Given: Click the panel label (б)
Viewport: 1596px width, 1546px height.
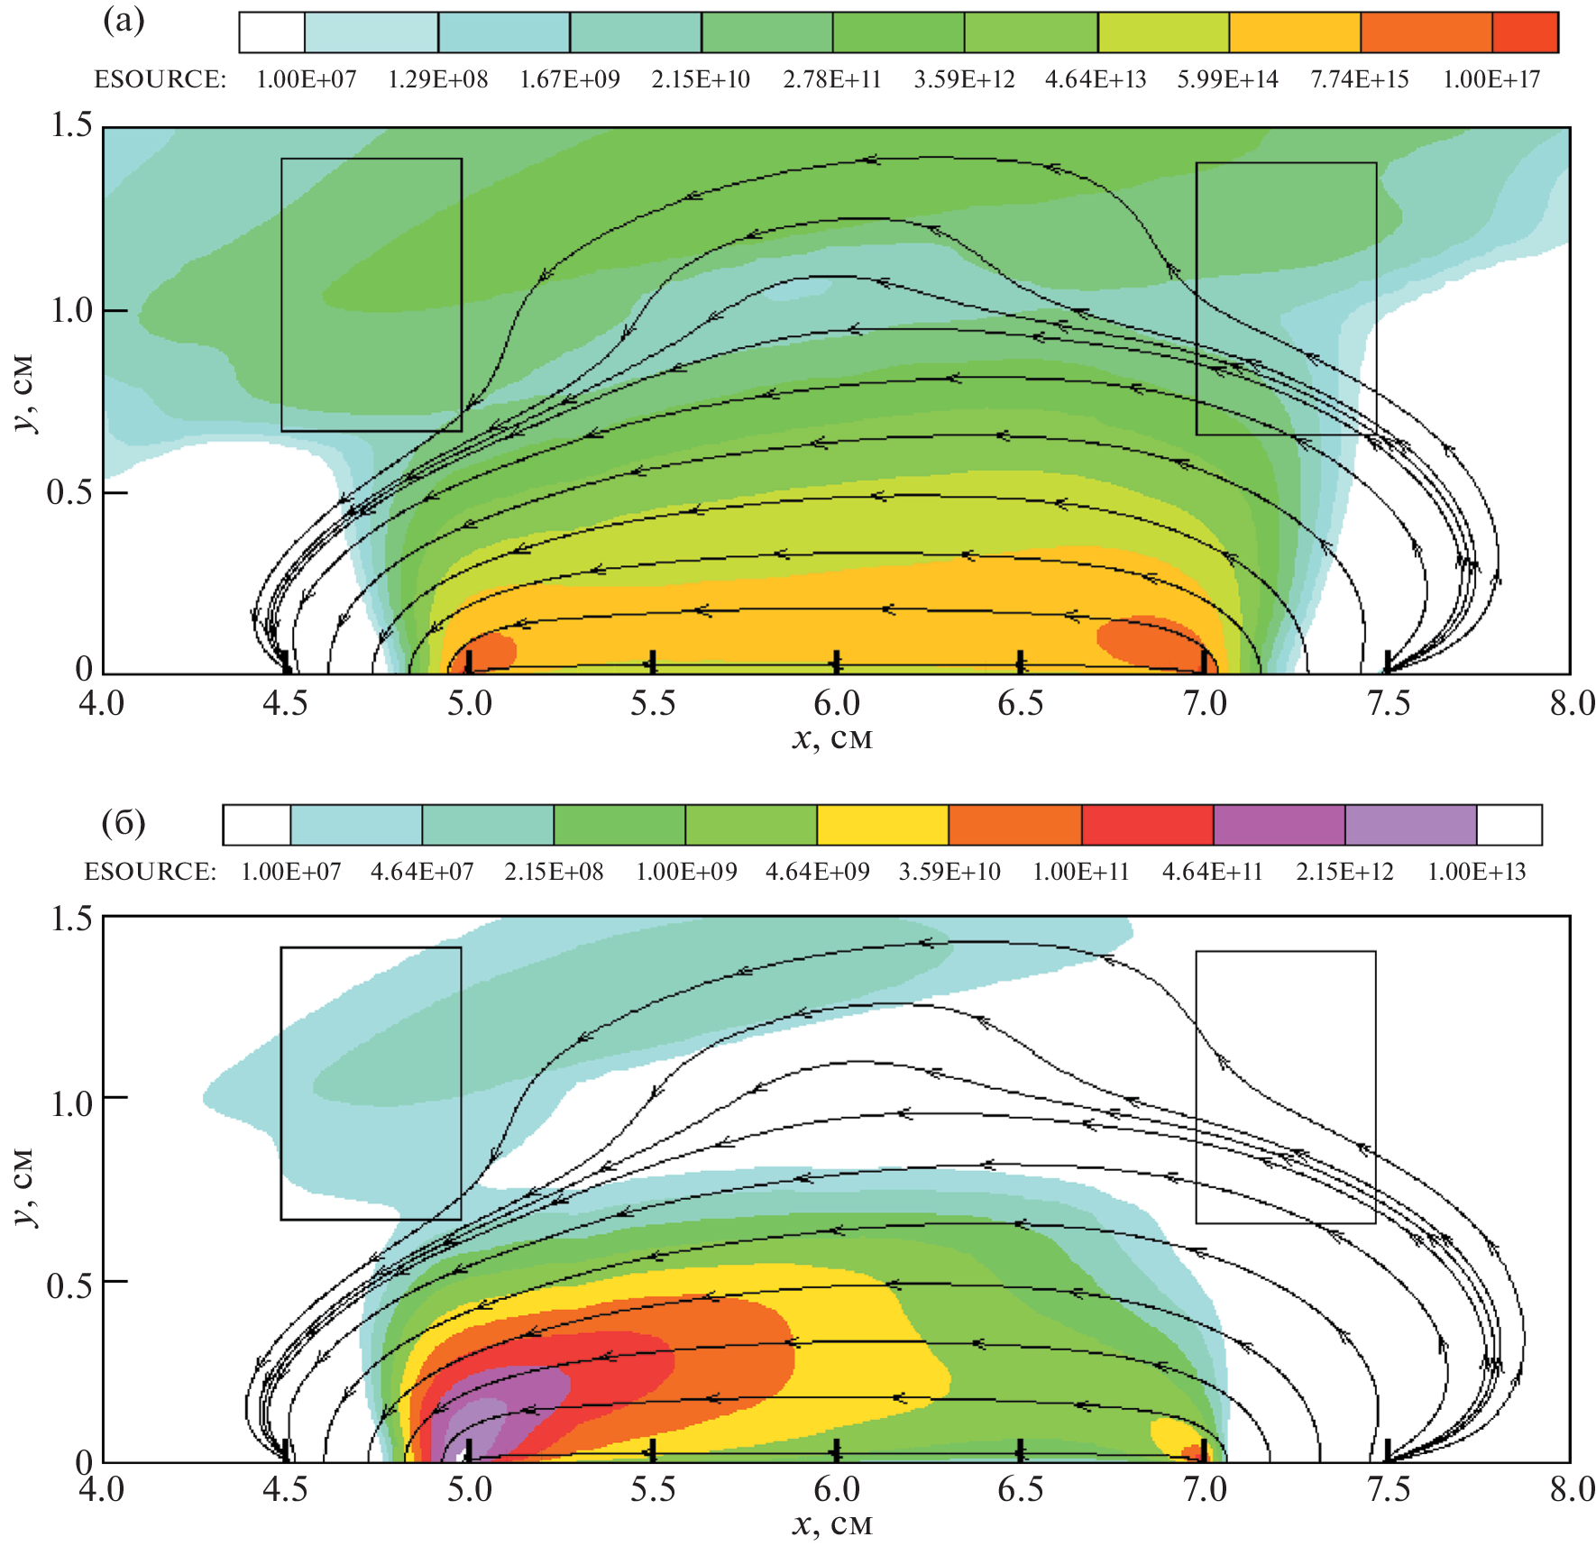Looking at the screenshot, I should (124, 823).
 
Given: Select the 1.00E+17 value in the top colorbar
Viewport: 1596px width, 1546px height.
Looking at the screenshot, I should (1491, 80).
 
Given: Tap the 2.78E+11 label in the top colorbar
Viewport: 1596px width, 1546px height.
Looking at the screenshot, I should (831, 80).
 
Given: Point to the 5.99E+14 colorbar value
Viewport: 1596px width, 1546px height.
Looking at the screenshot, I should (1227, 80).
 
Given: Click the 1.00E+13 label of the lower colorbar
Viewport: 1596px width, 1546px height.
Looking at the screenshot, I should (1477, 872).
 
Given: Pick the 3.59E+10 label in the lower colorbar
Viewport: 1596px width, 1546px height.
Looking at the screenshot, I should (949, 872).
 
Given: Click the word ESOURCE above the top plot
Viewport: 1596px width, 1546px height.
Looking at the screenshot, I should (161, 80).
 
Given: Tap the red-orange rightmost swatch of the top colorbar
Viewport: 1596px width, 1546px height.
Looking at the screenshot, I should (1525, 32).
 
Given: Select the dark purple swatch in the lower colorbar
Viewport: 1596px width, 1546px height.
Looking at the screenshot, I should (1279, 825).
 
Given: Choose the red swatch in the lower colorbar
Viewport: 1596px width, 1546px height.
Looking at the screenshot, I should (1147, 825).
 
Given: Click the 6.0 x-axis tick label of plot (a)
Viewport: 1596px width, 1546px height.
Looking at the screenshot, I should (837, 704).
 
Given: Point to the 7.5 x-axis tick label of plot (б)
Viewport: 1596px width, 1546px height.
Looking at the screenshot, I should (1388, 1489).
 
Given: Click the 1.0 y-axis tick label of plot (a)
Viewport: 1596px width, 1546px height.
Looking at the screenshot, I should (72, 311).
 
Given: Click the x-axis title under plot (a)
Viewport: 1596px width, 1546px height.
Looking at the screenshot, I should (832, 739).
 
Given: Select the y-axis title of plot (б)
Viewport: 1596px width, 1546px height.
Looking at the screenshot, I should (25, 1187).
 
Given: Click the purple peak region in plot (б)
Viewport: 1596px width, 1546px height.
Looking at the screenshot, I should (505, 1406).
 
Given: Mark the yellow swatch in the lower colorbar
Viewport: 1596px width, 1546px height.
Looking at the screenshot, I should (883, 825).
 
